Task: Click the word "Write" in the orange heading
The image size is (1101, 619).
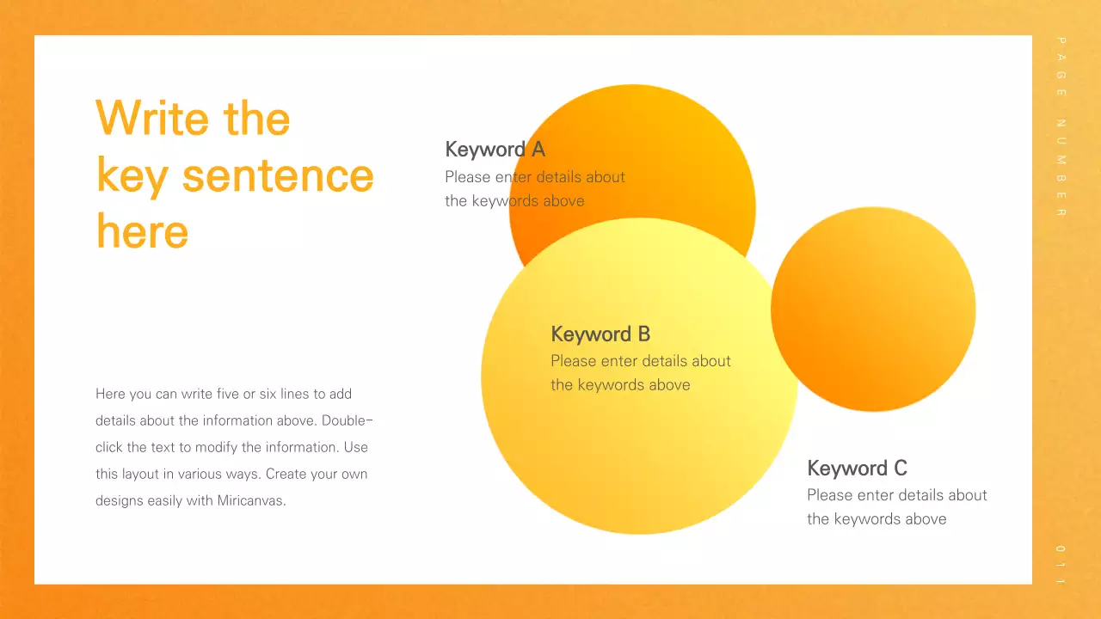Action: tap(151, 118)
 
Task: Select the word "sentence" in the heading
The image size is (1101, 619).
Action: tap(278, 175)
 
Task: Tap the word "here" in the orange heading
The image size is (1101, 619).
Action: tap(142, 231)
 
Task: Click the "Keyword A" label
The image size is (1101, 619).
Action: tap(495, 150)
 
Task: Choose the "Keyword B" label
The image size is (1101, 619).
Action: tap(600, 334)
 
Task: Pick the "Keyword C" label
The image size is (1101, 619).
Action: tap(857, 469)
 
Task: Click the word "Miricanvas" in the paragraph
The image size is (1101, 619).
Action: tap(250, 500)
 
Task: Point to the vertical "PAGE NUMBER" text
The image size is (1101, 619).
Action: tap(1061, 127)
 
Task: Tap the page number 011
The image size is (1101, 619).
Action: tap(1061, 565)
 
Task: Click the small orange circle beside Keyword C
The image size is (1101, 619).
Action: tap(873, 309)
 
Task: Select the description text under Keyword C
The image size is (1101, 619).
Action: tap(896, 507)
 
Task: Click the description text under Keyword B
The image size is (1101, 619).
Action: tap(640, 373)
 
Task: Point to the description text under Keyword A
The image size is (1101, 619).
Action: tap(534, 189)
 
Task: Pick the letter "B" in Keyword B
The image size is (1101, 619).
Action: tap(643, 334)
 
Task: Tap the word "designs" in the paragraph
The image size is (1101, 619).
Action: tap(120, 500)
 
